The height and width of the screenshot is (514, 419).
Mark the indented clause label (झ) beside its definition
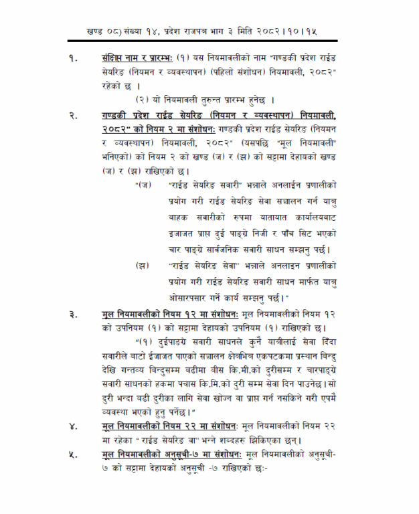141,266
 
